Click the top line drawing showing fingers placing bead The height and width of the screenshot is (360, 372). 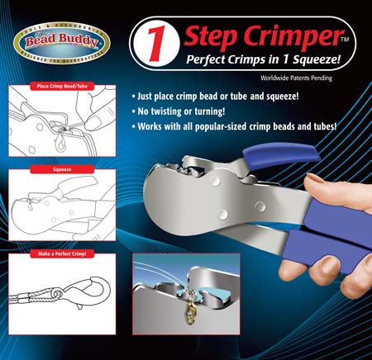point(63,124)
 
